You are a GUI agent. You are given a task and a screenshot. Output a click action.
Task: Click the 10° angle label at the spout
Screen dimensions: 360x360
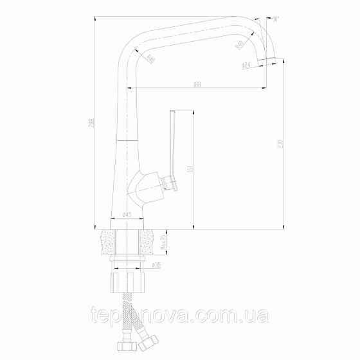[x=276, y=20]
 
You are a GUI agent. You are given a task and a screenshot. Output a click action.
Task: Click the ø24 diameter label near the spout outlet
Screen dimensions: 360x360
[x=246, y=66]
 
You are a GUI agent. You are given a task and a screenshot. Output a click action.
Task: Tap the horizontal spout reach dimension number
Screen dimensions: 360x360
[x=197, y=84]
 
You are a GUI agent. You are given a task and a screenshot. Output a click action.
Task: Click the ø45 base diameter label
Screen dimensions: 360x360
[x=127, y=216]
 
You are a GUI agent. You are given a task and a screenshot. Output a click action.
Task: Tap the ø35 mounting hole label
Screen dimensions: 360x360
[x=157, y=264]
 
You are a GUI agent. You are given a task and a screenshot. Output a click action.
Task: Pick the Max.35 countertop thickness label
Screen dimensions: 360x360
[x=163, y=243]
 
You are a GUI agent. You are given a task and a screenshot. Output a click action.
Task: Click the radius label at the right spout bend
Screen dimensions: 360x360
[x=240, y=45]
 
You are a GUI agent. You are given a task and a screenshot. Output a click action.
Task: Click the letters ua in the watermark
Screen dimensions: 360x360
[x=262, y=316]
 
